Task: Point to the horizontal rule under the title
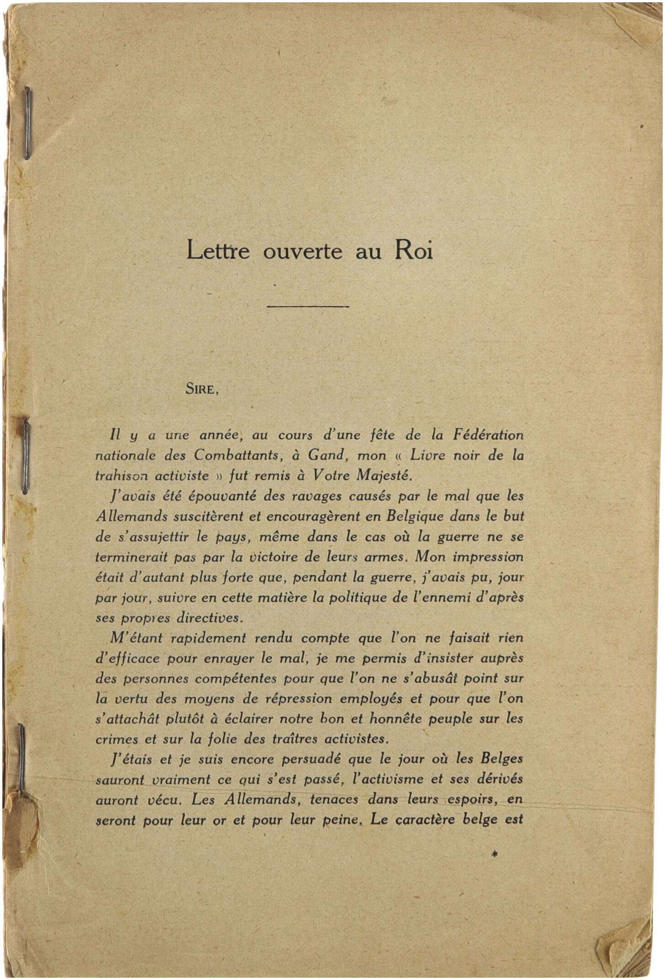(x=308, y=306)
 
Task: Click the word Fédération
(x=488, y=435)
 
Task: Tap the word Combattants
(x=236, y=455)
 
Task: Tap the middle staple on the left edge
(x=25, y=456)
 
